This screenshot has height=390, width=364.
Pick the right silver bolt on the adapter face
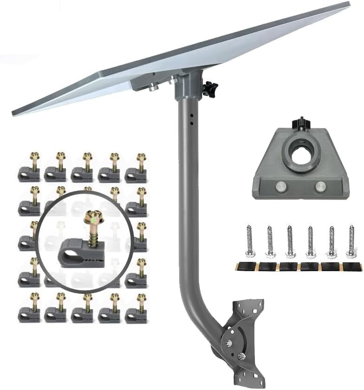(320, 187)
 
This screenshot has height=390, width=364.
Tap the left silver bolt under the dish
(152, 86)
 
